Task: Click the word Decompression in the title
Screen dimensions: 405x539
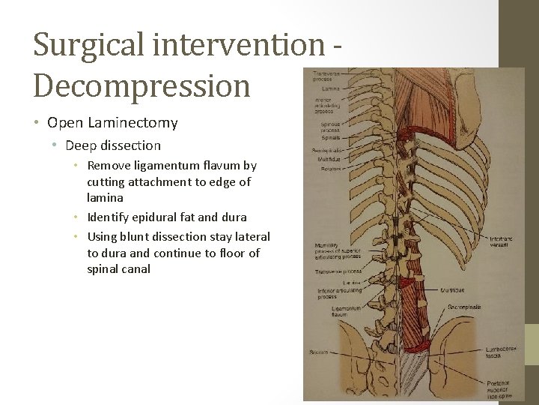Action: (141, 85)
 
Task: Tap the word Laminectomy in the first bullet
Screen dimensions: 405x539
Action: (141, 122)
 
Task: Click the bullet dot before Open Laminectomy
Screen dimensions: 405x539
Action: (37, 122)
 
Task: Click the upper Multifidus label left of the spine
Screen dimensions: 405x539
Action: (328, 160)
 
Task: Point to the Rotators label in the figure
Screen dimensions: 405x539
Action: (329, 169)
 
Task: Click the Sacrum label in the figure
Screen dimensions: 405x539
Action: (317, 352)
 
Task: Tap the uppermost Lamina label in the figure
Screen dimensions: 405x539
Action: (329, 88)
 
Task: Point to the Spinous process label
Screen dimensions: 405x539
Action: (329, 126)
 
